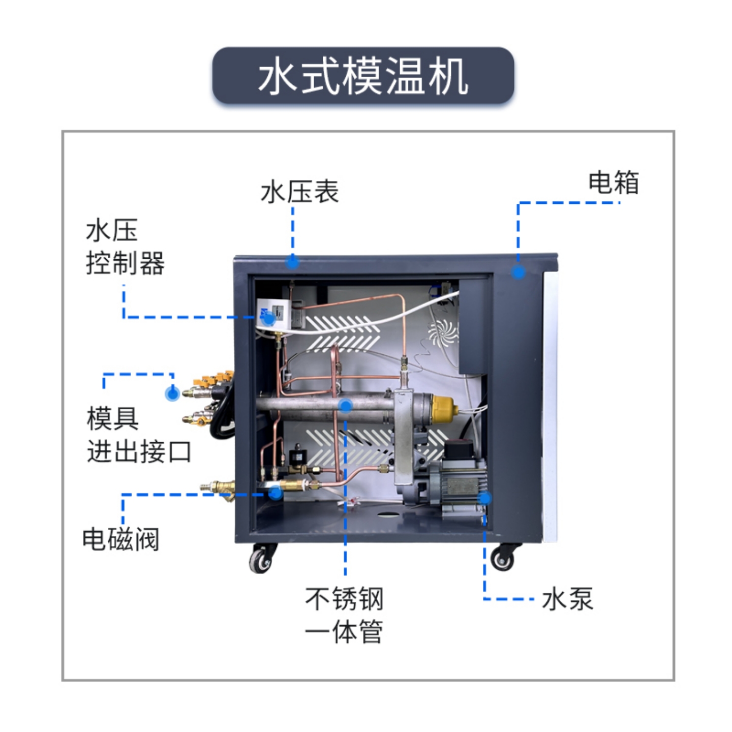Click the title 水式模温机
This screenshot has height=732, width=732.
pyautogui.click(x=363, y=76)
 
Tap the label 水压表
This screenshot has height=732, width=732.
pyautogui.click(x=299, y=192)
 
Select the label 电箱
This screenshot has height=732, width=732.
pyautogui.click(x=613, y=183)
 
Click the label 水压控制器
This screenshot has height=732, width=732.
pyautogui.click(x=125, y=247)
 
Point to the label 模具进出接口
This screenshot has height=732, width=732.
pyautogui.click(x=138, y=435)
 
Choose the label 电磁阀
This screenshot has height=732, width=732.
pyautogui.click(x=121, y=539)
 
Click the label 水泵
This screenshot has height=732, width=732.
pyautogui.click(x=567, y=599)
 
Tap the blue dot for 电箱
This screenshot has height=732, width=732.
pyautogui.click(x=518, y=272)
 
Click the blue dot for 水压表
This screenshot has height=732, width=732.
pyautogui.click(x=292, y=262)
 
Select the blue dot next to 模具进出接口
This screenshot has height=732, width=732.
pyautogui.click(x=172, y=393)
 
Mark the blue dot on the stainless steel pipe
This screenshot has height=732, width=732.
pyautogui.click(x=346, y=406)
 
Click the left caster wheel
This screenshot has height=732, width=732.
pyautogui.click(x=261, y=560)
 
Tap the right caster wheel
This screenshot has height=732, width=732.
pyautogui.click(x=504, y=558)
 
